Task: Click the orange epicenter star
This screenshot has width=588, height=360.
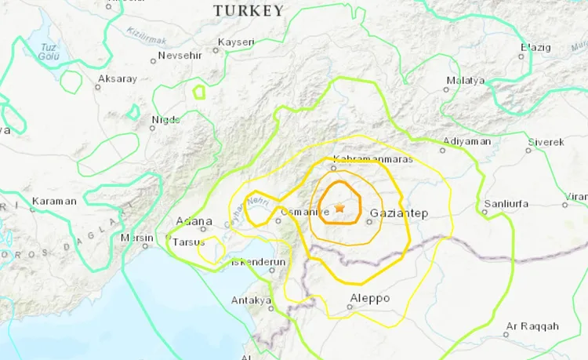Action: [x=339, y=208]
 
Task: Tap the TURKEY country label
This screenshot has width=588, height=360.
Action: [x=249, y=10]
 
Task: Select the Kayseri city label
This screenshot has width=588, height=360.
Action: [x=238, y=40]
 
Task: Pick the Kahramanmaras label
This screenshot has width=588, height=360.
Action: [x=361, y=159]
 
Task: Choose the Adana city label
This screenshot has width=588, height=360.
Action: [x=195, y=221]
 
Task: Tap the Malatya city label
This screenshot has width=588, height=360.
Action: [x=466, y=81]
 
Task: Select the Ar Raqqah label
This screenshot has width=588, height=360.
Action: [x=532, y=325]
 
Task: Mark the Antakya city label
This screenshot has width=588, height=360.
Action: [x=251, y=300]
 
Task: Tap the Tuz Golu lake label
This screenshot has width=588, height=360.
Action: [x=53, y=52]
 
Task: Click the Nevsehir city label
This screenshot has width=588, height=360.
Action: [x=180, y=56]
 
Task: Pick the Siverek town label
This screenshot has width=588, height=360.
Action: [x=545, y=142]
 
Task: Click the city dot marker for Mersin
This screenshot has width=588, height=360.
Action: [x=145, y=245]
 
